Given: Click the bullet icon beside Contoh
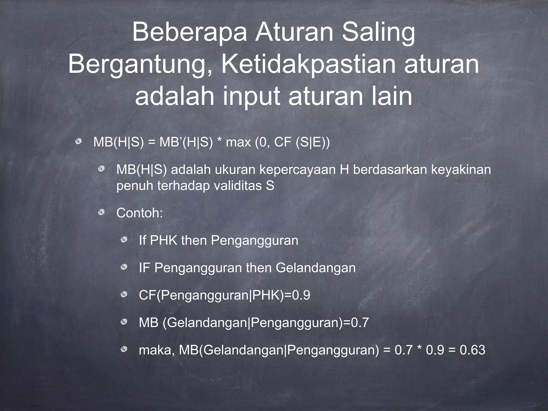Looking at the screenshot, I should pos(101,213).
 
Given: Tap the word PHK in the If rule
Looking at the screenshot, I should pos(163,240).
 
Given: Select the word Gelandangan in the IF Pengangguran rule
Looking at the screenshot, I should pos(315,268).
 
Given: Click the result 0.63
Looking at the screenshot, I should pos(472,350).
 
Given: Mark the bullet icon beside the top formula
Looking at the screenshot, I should pos(78,142).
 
